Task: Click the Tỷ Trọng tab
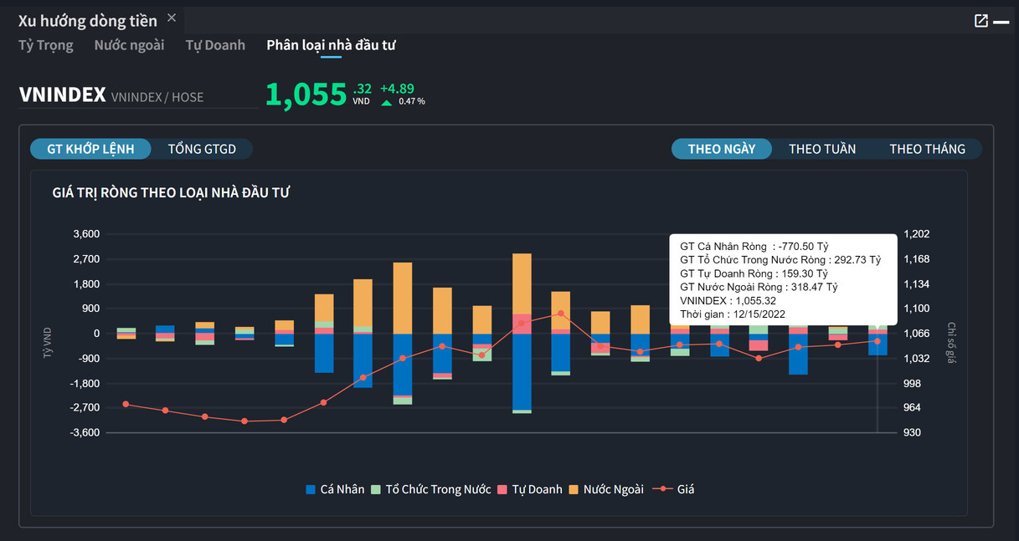point(46,45)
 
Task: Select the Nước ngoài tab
point(129,45)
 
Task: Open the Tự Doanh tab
point(215,45)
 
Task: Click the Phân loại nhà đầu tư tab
point(331,45)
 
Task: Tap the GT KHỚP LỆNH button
point(91,149)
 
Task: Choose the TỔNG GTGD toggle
point(202,149)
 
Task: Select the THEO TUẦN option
point(822,149)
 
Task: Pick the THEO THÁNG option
point(927,149)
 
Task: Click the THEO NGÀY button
point(722,149)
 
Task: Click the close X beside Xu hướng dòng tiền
point(172,18)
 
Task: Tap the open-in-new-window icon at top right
point(981,21)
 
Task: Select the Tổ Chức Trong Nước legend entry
point(430,489)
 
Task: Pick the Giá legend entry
point(676,489)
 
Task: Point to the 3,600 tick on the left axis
point(86,234)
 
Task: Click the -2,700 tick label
point(85,408)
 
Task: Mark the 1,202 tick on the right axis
point(917,234)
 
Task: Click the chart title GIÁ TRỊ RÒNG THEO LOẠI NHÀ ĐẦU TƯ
point(171,193)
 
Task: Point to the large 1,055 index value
point(306,95)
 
